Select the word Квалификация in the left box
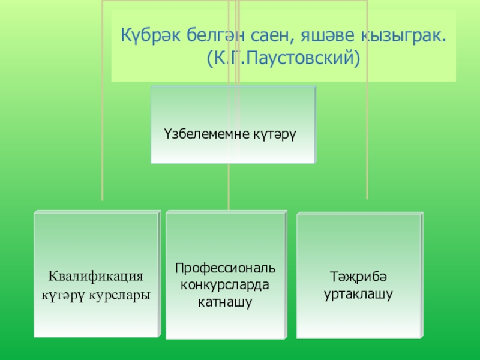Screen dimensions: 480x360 96,277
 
